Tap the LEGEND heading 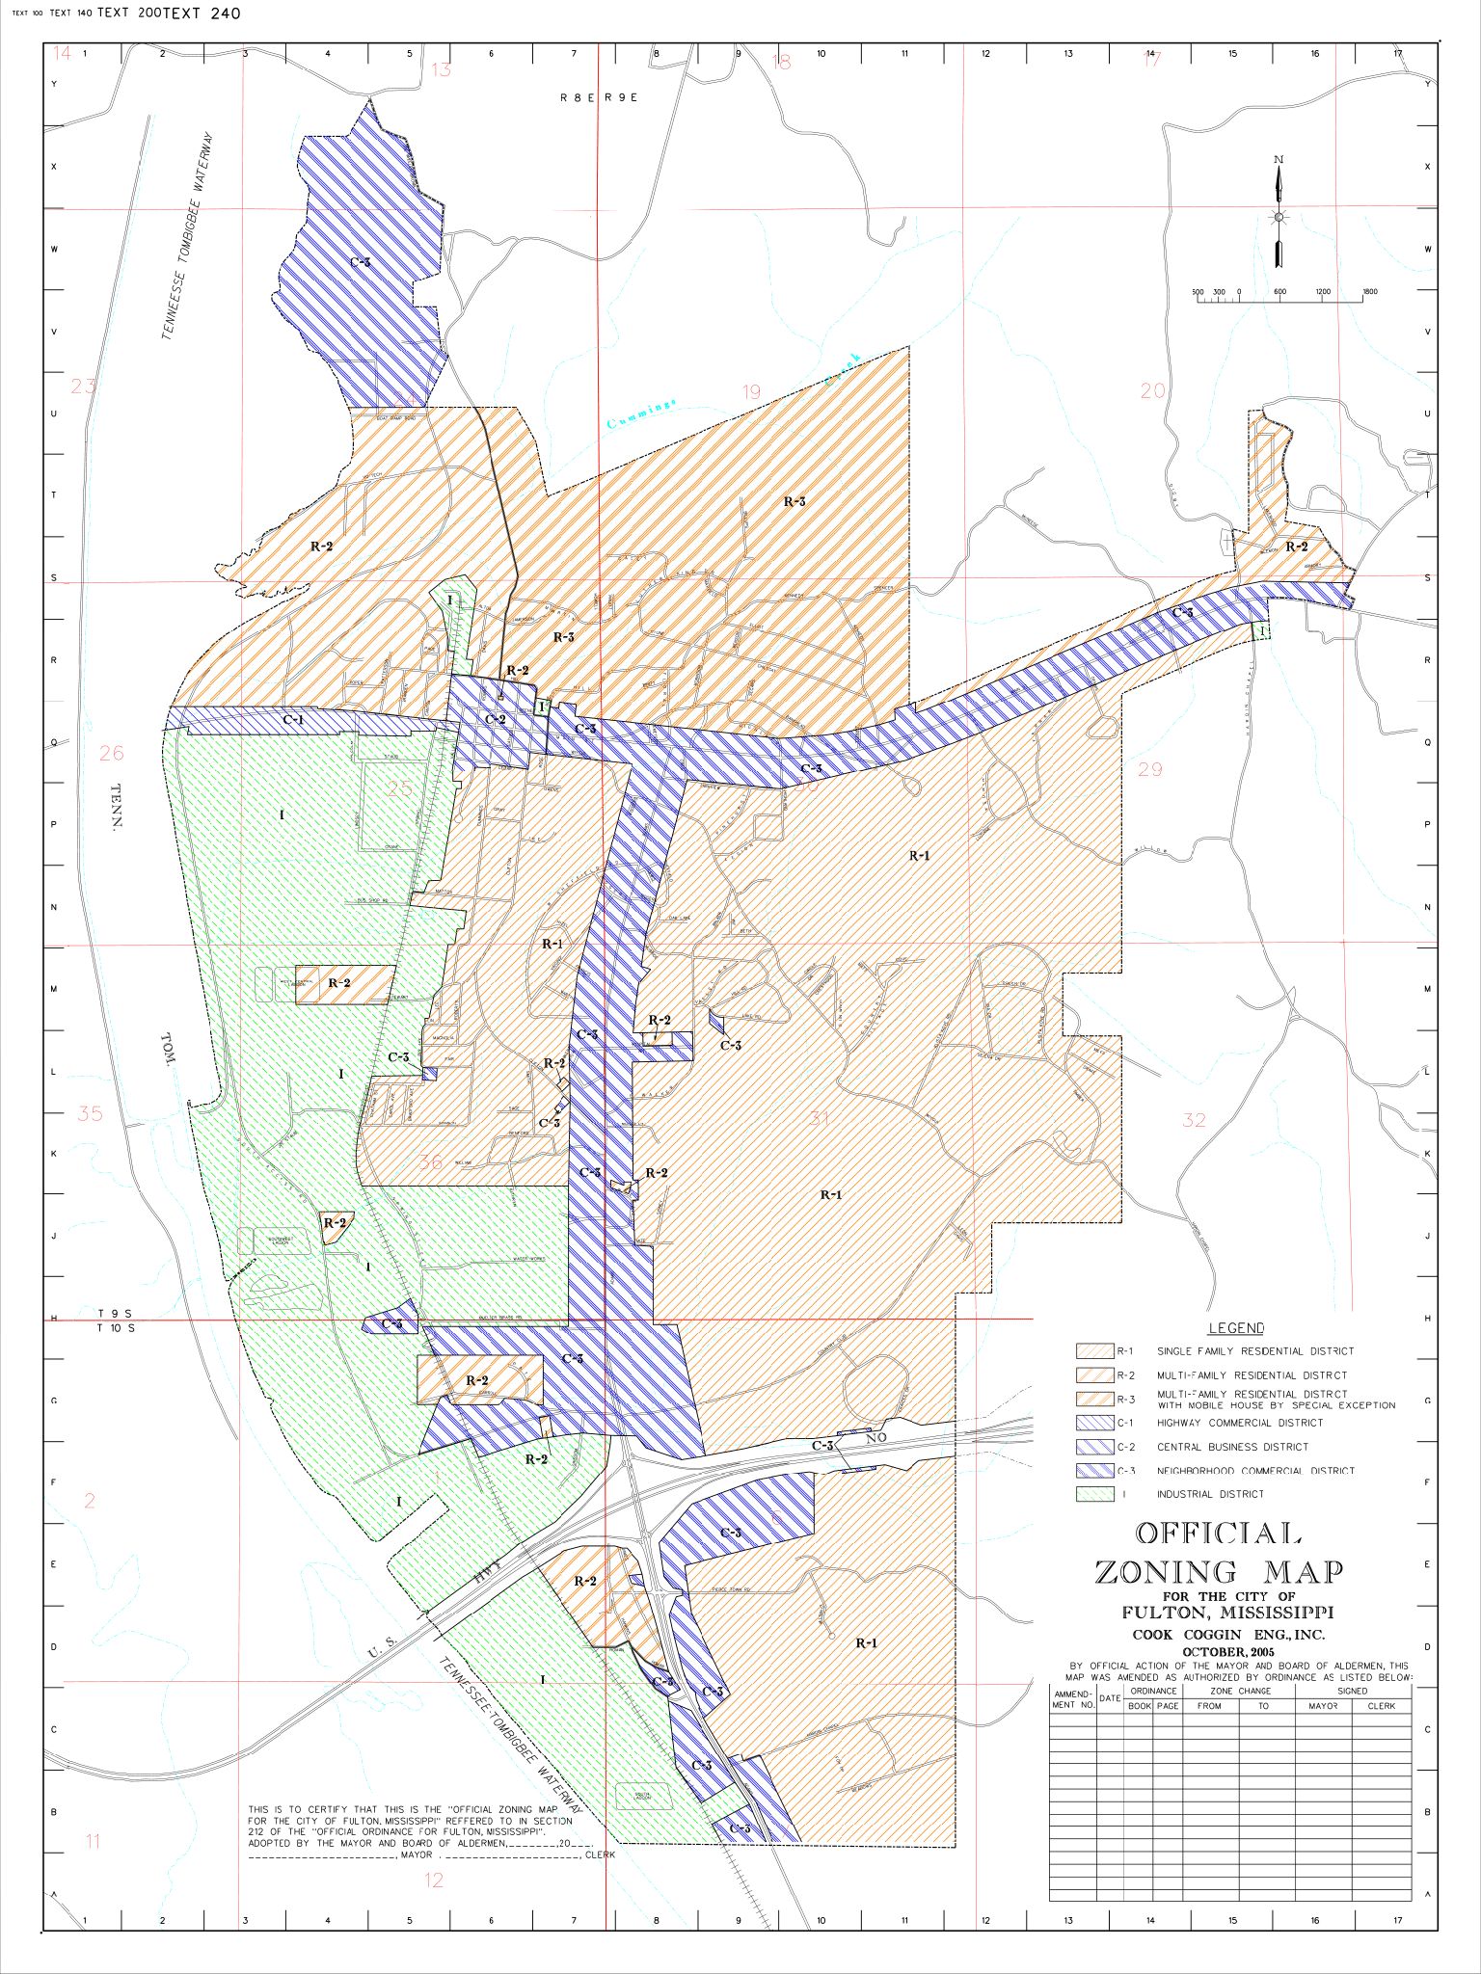point(1235,1328)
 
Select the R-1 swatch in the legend point(1094,1351)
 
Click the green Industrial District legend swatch point(1094,1494)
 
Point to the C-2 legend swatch point(1094,1447)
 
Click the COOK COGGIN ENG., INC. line point(1227,1635)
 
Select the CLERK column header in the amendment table point(1381,1705)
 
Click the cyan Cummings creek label point(642,414)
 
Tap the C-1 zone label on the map point(293,719)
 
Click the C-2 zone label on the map point(496,719)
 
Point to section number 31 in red point(820,1118)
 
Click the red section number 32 point(1194,1119)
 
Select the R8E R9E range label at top point(599,97)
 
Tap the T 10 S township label point(116,1328)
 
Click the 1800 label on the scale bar point(1370,291)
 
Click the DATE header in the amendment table point(1110,1698)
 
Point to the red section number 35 point(90,1113)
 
